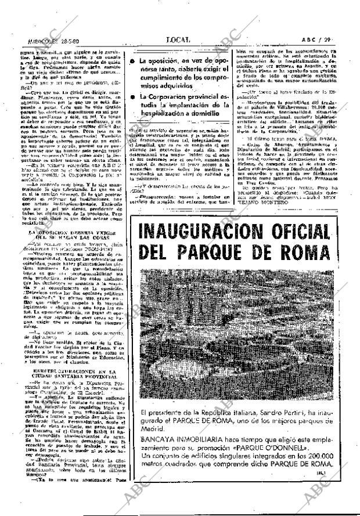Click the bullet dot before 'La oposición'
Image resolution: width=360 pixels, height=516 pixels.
pos(133,61)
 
